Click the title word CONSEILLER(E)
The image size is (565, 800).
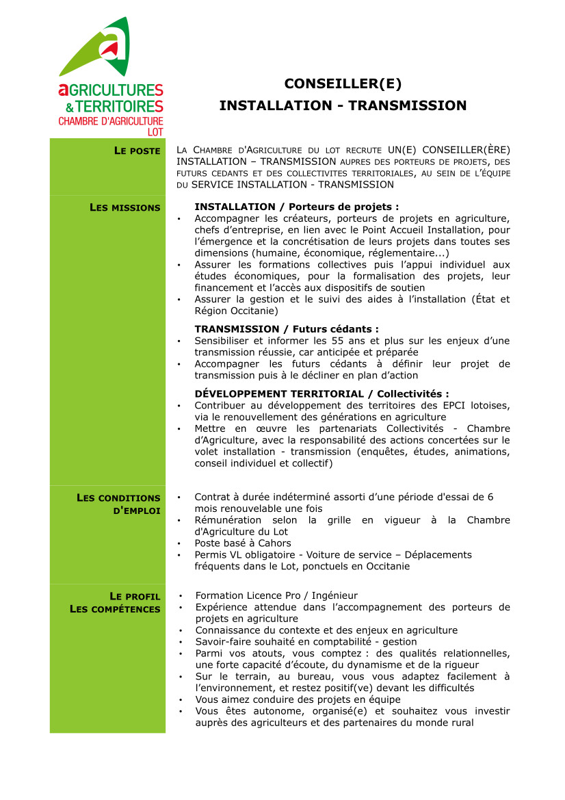[343, 84]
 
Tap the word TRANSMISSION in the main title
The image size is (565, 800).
[408, 106]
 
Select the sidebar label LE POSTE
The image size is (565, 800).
[137, 151]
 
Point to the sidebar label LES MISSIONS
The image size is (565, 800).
[125, 207]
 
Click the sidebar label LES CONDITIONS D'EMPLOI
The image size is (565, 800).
[119, 504]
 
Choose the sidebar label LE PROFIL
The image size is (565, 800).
[135, 596]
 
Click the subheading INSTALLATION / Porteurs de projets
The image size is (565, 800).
[296, 207]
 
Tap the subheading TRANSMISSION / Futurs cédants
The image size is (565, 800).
[286, 329]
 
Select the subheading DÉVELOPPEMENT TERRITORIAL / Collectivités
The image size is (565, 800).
[321, 394]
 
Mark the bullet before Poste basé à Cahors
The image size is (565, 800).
[179, 543]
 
